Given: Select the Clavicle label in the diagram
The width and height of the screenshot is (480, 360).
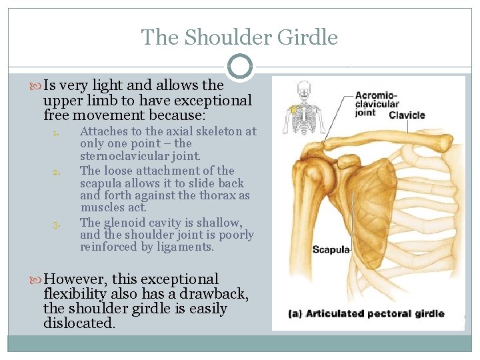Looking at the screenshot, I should coord(407,115).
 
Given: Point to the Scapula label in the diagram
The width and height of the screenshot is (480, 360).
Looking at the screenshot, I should coord(331,250).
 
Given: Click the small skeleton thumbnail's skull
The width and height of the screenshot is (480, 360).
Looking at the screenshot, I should coord(304,87).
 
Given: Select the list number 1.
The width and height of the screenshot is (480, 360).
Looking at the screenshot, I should coord(57,132).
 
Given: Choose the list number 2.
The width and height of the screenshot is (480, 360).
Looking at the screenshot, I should coord(57,171).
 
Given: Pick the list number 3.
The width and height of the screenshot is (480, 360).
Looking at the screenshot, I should coord(57,223).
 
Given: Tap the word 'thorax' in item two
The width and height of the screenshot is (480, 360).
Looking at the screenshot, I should coord(217,195).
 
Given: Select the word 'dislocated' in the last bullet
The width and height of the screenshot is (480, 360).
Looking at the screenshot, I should coord(78,324).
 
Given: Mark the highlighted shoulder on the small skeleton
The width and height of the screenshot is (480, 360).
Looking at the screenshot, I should coord(292,108).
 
